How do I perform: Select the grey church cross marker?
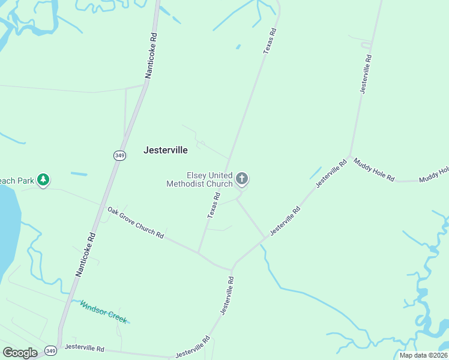pos(242,178)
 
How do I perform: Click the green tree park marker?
pos(43,179)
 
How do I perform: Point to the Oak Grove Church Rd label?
pos(136,222)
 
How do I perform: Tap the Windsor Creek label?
pos(103,311)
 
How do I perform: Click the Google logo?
pos(20,353)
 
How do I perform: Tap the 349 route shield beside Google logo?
pos(51,350)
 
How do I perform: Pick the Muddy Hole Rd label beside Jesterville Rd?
pos(373,170)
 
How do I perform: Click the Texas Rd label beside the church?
pos(214,205)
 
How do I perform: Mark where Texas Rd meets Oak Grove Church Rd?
pos(199,253)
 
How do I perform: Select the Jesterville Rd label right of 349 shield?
pos(84,348)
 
